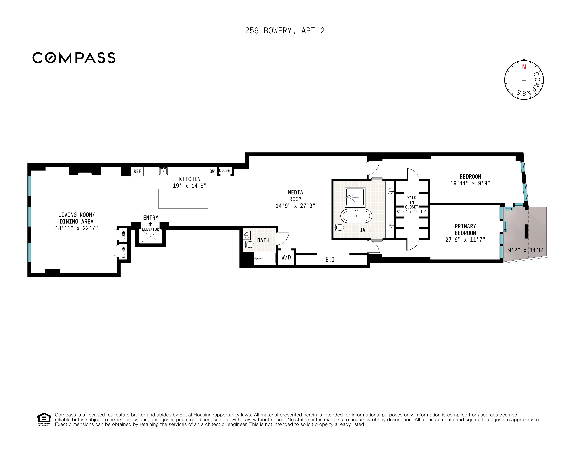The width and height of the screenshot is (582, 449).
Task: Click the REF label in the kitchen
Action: pos(137,171)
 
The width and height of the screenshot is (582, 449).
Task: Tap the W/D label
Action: pos(286,257)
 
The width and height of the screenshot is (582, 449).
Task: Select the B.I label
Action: pos(330,260)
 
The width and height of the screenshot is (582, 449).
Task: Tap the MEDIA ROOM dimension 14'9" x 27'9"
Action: pos(295,206)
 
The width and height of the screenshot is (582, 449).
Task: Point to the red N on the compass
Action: pos(524,67)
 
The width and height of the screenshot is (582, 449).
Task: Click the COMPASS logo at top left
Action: pos(74,58)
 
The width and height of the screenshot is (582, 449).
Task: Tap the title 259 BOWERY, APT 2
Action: pos(285,31)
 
